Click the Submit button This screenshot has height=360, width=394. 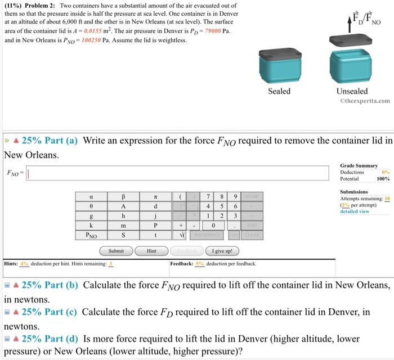116,250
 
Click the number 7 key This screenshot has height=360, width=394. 208,197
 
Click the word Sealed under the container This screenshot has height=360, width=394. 279,91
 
